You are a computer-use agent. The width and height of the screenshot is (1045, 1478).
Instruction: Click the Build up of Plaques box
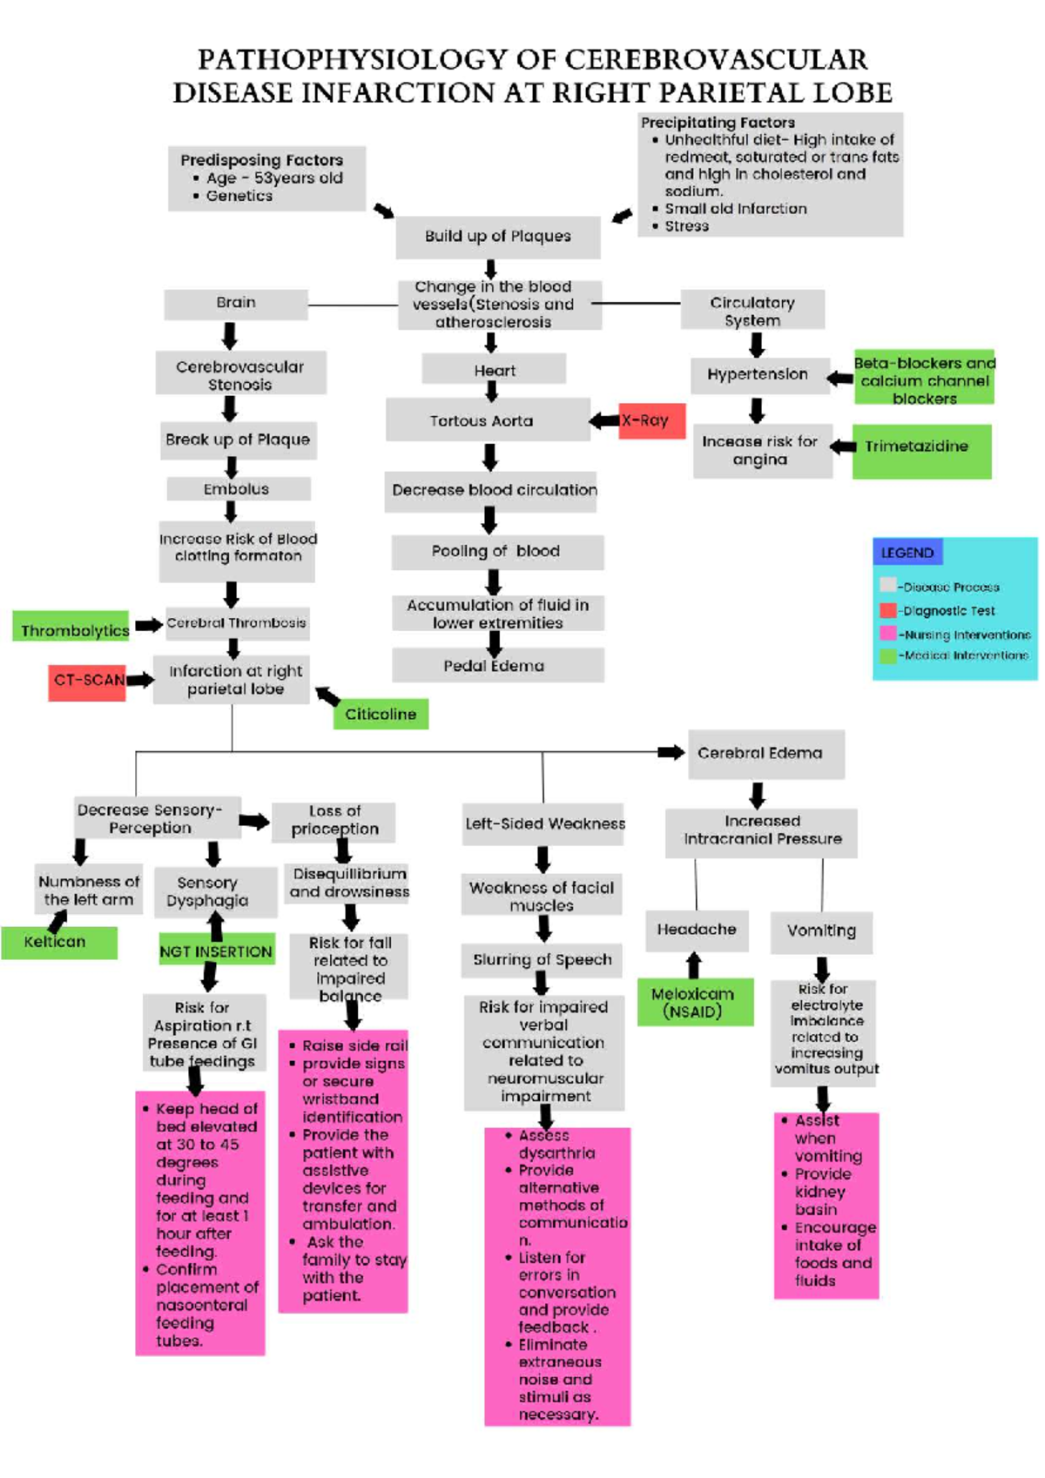point(497,237)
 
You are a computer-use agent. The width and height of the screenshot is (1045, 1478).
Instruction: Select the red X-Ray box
point(652,420)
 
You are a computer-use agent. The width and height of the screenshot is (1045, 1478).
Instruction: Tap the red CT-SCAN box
point(87,681)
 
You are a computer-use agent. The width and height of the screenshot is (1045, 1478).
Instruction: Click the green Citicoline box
point(381,714)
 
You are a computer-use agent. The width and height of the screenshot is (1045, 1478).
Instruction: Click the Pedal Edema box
point(497,666)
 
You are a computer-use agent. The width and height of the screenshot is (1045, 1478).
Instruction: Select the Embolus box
point(238,489)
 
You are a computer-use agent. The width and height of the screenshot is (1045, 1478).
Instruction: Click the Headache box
point(696,930)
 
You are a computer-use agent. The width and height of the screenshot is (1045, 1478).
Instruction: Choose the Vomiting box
point(821,931)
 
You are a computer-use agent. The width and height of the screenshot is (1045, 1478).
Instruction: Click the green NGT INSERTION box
point(216,951)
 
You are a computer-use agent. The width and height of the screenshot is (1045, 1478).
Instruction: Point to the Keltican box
point(58,943)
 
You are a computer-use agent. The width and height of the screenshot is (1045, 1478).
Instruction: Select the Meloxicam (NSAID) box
point(694,1003)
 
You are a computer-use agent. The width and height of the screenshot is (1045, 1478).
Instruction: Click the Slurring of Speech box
point(542,959)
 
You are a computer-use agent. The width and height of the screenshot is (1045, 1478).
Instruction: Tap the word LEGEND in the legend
point(907,553)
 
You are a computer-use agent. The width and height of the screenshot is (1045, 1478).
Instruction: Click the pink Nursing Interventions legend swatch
point(887,633)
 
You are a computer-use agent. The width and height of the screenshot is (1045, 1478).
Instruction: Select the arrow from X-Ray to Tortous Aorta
point(604,421)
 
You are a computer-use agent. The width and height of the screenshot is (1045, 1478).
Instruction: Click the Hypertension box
point(758,375)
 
